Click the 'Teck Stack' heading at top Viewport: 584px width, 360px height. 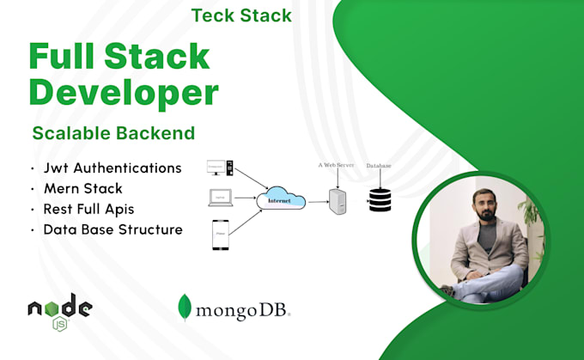pyautogui.click(x=241, y=15)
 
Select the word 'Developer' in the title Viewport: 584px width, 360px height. pyautogui.click(x=124, y=92)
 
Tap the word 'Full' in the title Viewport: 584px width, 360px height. pyautogui.click(x=66, y=56)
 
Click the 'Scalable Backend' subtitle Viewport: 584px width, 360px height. pyautogui.click(x=113, y=133)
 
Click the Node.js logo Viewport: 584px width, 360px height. pyautogui.click(x=59, y=309)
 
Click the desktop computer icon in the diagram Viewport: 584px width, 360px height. pyautogui.click(x=222, y=168)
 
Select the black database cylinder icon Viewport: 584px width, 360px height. pyautogui.click(x=379, y=198)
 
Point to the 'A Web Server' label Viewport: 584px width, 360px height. pyautogui.click(x=335, y=165)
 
